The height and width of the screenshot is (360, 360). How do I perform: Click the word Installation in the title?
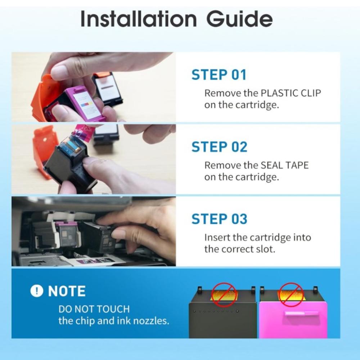pyautogui.click(x=139, y=19)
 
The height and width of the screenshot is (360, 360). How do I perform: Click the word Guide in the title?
pyautogui.click(x=239, y=19)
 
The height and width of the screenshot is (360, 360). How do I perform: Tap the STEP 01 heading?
pyautogui.click(x=219, y=75)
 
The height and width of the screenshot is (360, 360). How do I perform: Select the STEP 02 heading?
pyautogui.click(x=219, y=147)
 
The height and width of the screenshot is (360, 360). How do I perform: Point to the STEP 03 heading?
pyautogui.click(x=219, y=219)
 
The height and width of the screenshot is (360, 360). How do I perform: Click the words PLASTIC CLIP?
pyautogui.click(x=291, y=93)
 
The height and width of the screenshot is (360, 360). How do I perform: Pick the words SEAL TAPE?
pyautogui.click(x=285, y=165)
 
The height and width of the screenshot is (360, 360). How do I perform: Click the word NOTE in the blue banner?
pyautogui.click(x=67, y=291)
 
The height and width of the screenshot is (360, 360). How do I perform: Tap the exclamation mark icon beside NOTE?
pyautogui.click(x=36, y=291)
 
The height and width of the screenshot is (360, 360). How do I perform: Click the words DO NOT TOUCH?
pyautogui.click(x=94, y=309)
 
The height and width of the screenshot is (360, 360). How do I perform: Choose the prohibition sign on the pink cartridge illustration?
pyautogui.click(x=291, y=294)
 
